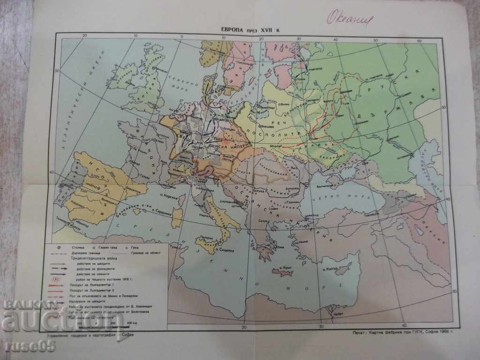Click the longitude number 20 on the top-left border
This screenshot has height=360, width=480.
[85, 36]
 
